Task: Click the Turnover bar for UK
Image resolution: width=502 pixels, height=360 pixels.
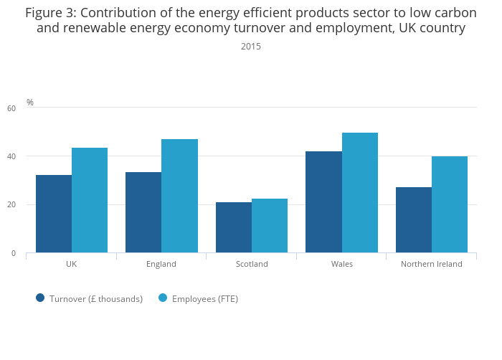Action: pyautogui.click(x=54, y=214)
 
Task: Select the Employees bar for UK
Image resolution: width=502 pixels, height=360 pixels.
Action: pyautogui.click(x=90, y=200)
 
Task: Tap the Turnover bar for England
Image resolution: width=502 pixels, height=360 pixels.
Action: pyautogui.click(x=143, y=212)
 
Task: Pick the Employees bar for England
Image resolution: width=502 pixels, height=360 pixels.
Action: pyautogui.click(x=179, y=196)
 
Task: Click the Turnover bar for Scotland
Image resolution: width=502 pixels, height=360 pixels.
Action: pyautogui.click(x=234, y=227)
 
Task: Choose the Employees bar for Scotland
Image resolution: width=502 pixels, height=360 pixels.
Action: pyautogui.click(x=270, y=226)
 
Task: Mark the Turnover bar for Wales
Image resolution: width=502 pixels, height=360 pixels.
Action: pyautogui.click(x=323, y=202)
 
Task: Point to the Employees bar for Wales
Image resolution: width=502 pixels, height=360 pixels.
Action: pyautogui.click(x=360, y=193)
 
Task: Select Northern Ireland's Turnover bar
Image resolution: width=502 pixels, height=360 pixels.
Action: pyautogui.click(x=414, y=220)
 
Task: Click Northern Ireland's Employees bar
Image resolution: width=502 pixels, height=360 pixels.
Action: pyautogui.click(x=450, y=204)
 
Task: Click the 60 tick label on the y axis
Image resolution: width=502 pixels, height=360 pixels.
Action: pyautogui.click(x=11, y=108)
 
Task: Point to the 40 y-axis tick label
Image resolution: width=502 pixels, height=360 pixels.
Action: pyautogui.click(x=11, y=156)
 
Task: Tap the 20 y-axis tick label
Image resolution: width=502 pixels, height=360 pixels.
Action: pyautogui.click(x=11, y=205)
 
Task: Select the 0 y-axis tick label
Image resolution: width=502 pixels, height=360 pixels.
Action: pyautogui.click(x=13, y=253)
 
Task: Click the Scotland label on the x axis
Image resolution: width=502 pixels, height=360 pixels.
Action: pyautogui.click(x=252, y=264)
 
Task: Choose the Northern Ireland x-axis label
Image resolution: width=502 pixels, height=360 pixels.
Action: pyautogui.click(x=432, y=264)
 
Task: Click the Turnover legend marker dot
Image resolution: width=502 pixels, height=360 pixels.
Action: pyautogui.click(x=40, y=298)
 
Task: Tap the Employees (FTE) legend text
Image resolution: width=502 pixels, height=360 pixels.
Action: pyautogui.click(x=205, y=299)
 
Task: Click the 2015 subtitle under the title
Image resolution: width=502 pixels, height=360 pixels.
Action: pyautogui.click(x=251, y=47)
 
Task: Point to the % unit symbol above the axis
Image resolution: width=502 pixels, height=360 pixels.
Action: pyautogui.click(x=30, y=103)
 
